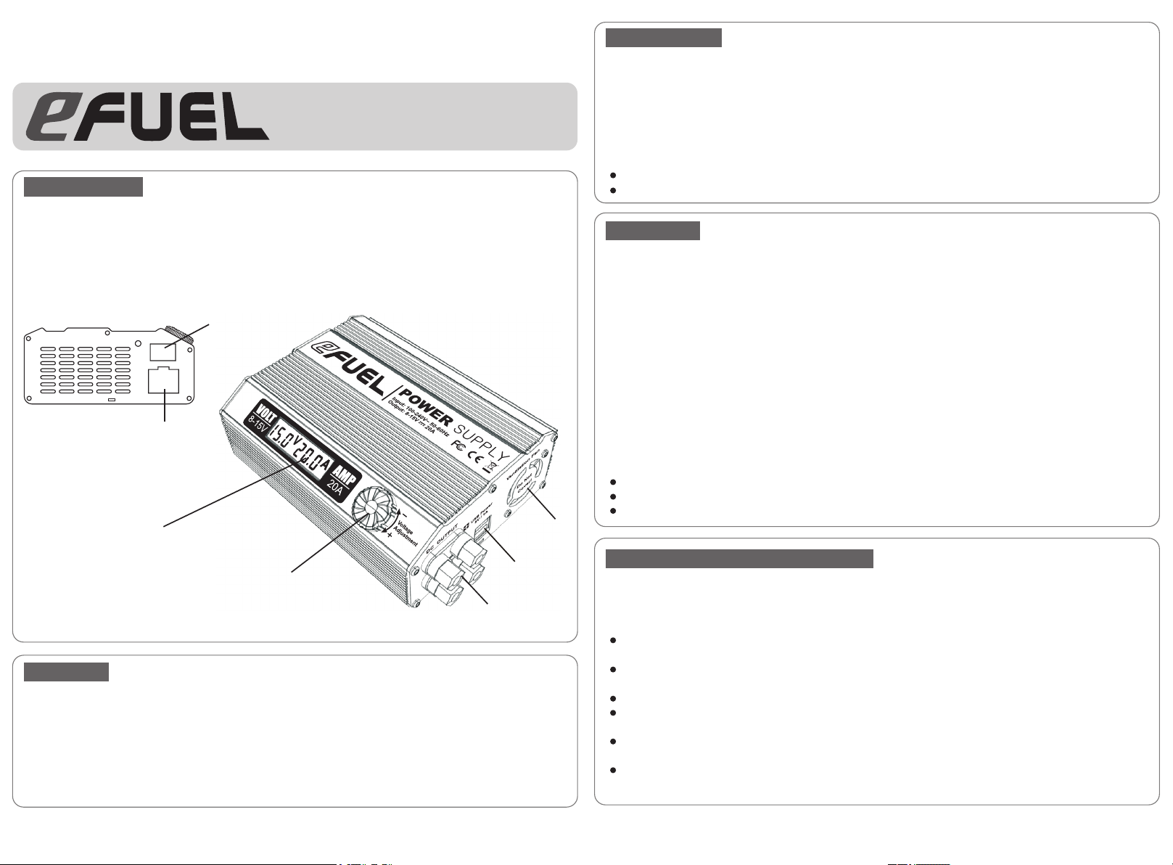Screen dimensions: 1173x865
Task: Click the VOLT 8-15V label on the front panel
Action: tap(258, 416)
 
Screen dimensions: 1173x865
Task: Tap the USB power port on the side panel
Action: tap(482, 530)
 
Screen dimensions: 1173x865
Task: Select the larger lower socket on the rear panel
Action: tap(165, 381)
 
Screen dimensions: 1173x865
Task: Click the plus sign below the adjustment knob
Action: tap(390, 536)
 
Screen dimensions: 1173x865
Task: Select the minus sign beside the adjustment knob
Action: tap(403, 513)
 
